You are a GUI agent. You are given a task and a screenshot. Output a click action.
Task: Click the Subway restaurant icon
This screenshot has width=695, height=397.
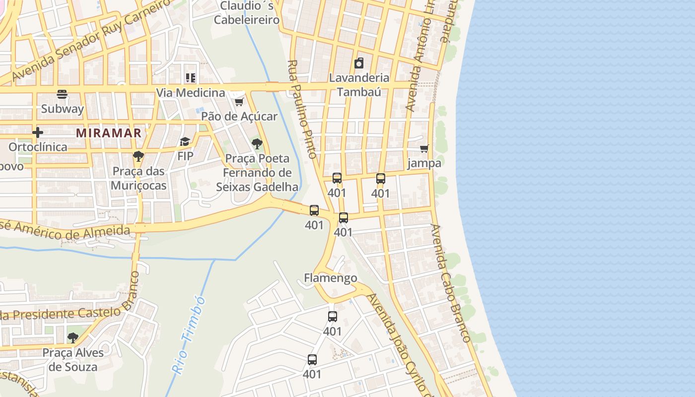62,94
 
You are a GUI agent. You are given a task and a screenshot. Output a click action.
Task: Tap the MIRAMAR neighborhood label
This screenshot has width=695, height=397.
109,133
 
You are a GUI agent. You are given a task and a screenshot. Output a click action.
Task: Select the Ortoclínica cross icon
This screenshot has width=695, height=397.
38,132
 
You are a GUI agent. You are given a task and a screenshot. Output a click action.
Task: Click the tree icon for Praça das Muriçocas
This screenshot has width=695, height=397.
139,156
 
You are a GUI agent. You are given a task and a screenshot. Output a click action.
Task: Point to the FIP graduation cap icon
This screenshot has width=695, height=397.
185,142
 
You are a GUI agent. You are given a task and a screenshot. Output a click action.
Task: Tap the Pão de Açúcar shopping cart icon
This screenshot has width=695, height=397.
239,102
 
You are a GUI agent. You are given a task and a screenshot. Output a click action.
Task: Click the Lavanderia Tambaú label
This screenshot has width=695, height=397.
359,84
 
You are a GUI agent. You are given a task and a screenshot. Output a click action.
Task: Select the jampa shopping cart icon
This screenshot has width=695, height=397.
424,149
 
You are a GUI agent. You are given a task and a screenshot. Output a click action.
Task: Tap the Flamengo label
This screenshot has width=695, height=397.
330,278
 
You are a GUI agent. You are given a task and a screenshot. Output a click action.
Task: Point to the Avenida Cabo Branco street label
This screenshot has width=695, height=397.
450,283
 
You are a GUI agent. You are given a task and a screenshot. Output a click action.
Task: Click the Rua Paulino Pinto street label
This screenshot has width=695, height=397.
302,109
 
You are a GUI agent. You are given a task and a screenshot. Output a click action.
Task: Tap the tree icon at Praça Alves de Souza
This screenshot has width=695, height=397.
73,338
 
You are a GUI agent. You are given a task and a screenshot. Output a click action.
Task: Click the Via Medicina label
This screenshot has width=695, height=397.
191,93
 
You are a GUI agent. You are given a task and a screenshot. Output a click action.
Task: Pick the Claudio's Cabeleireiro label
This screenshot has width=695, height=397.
250,13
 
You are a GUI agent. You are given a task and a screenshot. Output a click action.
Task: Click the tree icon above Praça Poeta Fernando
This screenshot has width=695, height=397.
257,144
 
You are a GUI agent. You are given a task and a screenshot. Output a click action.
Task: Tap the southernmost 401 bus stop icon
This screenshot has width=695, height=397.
312,360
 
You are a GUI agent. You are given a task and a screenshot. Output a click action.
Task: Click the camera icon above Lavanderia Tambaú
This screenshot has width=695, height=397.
359,63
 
